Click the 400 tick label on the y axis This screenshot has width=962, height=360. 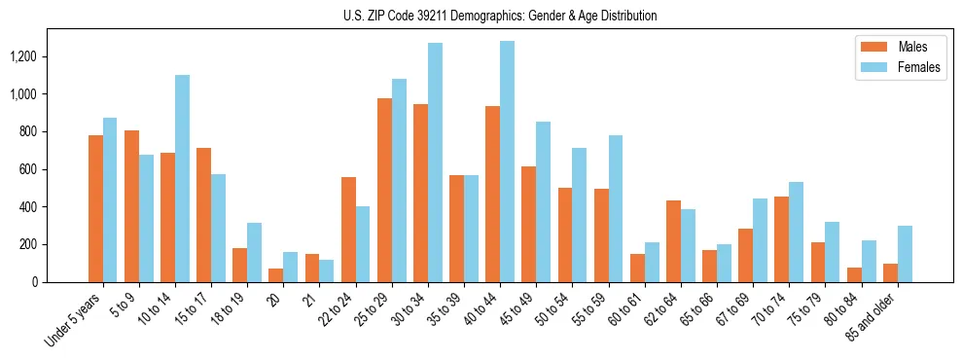tap(26, 207)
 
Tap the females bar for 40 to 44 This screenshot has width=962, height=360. tap(507, 162)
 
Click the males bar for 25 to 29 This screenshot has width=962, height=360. tap(384, 190)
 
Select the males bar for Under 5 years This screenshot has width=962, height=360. tap(95, 208)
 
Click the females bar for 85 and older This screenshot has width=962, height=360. tap(905, 254)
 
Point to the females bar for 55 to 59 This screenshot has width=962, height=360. tap(615, 208)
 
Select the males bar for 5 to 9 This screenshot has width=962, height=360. tap(131, 206)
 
